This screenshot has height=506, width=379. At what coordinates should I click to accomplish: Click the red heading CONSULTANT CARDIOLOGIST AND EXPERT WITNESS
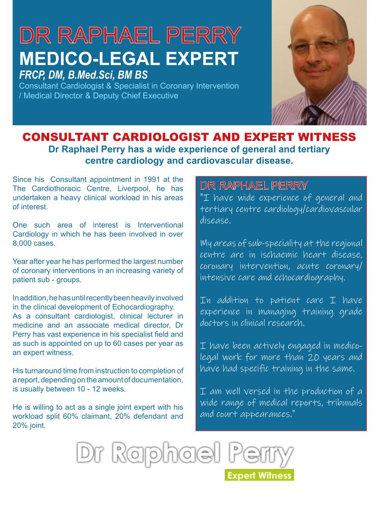pyautogui.click(x=189, y=137)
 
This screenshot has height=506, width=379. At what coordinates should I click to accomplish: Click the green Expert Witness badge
pyautogui.click(x=259, y=475)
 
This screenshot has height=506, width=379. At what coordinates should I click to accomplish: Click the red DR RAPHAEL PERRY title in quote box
pyautogui.click(x=254, y=185)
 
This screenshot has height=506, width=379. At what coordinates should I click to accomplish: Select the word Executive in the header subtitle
pyautogui.click(x=161, y=96)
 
